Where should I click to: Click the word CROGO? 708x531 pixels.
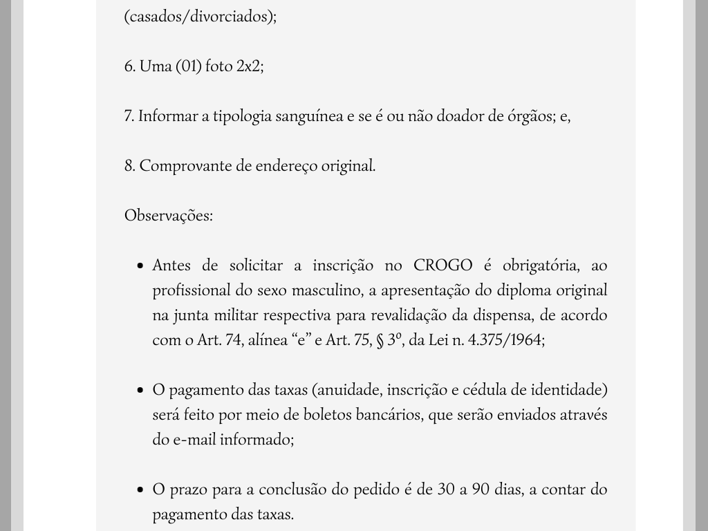[x=443, y=265]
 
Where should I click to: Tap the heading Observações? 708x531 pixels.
[x=169, y=216]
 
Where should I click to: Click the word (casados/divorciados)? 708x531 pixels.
[x=201, y=17]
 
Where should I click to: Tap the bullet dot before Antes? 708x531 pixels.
[x=140, y=266]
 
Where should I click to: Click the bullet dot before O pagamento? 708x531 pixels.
[x=140, y=391]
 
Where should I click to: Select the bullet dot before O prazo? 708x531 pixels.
[x=140, y=490]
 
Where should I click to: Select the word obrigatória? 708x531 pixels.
[x=540, y=265]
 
